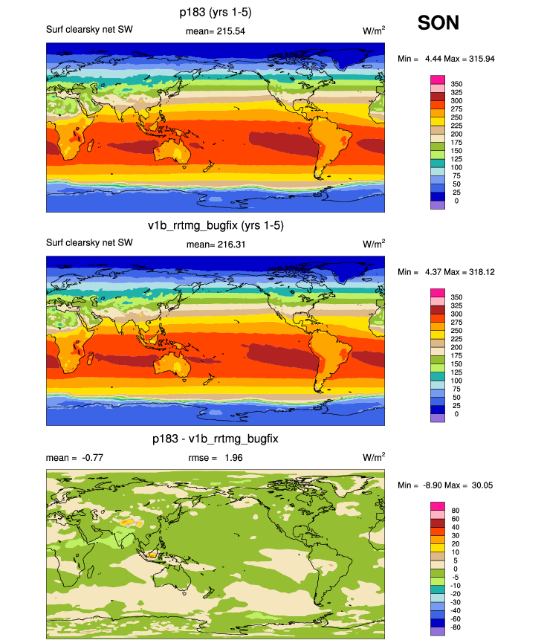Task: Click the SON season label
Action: (438, 23)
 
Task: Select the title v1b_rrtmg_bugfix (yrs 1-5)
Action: (215, 225)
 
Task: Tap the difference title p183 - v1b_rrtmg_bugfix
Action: (215, 439)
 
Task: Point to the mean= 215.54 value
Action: (215, 31)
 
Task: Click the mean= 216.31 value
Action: (215, 244)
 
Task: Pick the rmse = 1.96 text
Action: (215, 458)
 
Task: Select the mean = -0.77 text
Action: (74, 458)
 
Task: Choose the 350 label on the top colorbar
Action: (456, 85)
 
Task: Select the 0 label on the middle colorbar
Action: (456, 414)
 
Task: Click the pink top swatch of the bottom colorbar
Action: (438, 505)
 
